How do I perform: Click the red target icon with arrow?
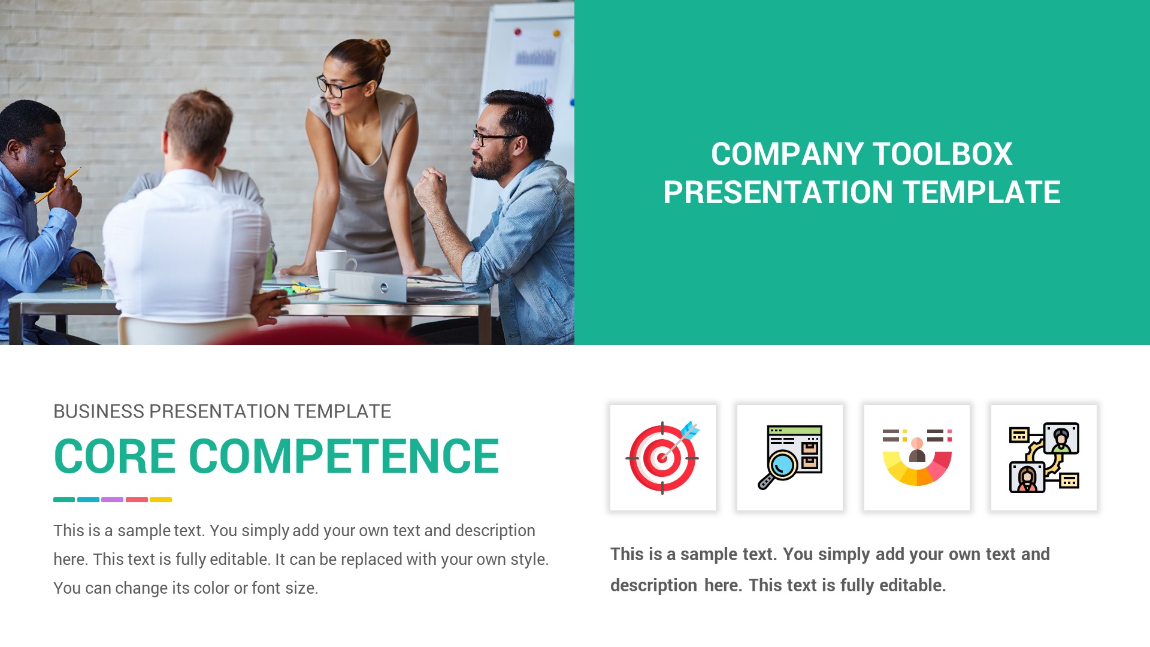tap(662, 458)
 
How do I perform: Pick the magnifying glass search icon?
tap(789, 458)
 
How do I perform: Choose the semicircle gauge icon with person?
tap(916, 458)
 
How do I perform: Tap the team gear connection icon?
tap(1043, 458)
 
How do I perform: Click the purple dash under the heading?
tap(112, 500)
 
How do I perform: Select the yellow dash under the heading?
tap(161, 500)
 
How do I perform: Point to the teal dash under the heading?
tap(64, 500)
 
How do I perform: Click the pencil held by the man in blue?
tap(60, 185)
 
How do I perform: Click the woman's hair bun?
tap(379, 48)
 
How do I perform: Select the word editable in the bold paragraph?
tap(912, 585)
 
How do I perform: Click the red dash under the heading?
tap(137, 500)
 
